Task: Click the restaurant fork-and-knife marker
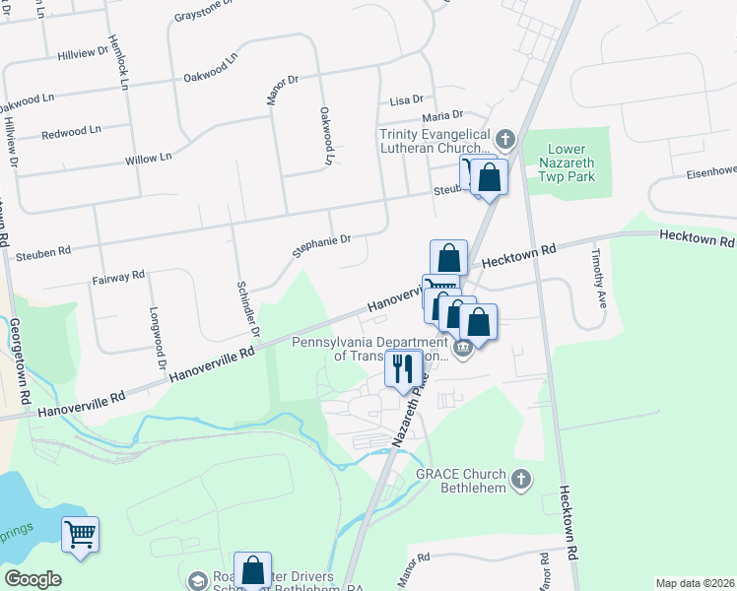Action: click(403, 369)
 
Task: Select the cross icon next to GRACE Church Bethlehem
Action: click(522, 480)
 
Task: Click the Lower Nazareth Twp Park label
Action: click(572, 163)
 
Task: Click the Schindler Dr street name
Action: click(246, 308)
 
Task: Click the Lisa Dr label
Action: click(406, 100)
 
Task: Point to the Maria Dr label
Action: click(442, 115)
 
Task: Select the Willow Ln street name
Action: click(149, 158)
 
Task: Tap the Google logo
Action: click(32, 579)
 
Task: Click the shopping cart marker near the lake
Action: click(81, 535)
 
